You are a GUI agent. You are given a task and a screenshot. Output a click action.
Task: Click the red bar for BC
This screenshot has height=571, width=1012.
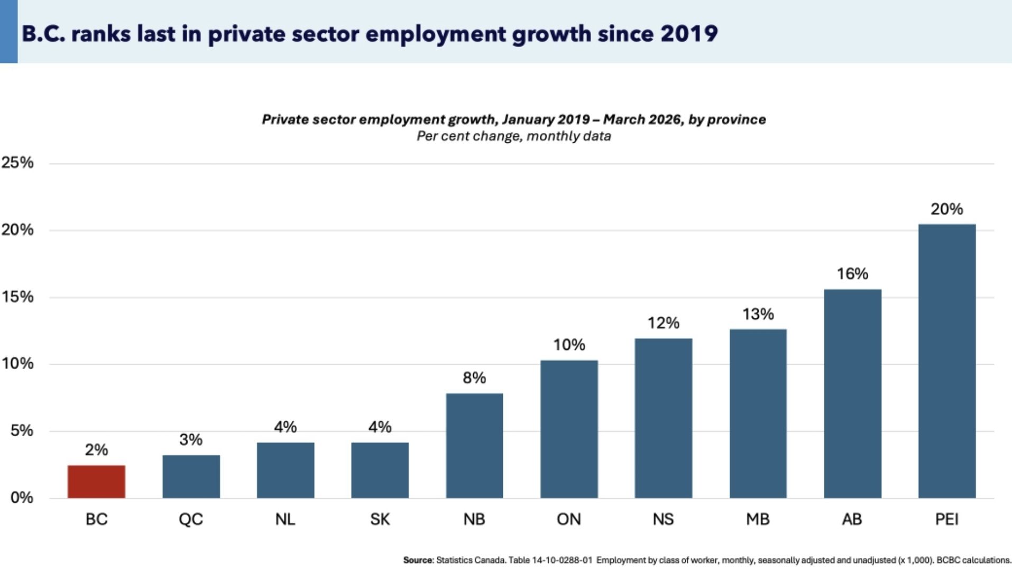tap(96, 482)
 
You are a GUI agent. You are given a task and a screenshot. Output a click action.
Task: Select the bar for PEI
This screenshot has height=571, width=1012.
tap(946, 361)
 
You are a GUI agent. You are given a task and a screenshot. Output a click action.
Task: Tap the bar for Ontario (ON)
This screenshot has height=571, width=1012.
tap(569, 429)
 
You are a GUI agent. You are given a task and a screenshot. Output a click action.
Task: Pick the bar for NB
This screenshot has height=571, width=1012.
tap(474, 446)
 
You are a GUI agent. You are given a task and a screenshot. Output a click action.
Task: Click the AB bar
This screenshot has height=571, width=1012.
tap(852, 394)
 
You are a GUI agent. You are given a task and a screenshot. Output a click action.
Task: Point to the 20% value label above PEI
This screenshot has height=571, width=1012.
tap(946, 209)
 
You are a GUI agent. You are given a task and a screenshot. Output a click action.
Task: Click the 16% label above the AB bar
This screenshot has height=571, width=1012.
tap(852, 274)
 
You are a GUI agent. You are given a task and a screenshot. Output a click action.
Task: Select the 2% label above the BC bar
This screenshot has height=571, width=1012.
tap(96, 450)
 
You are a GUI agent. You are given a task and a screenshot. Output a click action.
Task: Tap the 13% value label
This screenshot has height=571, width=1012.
tap(758, 315)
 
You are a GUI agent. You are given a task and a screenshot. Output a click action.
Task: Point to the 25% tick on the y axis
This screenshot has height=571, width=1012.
tap(17, 163)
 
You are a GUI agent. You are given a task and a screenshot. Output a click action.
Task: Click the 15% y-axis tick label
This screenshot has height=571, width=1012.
tap(17, 297)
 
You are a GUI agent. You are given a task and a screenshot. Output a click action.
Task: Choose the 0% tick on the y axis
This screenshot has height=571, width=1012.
tap(22, 498)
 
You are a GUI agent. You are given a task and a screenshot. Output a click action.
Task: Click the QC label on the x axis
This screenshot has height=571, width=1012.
tap(191, 519)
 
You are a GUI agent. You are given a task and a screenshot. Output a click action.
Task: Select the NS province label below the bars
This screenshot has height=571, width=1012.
tap(663, 519)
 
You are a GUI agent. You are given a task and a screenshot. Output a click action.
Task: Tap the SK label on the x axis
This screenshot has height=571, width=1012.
tap(380, 519)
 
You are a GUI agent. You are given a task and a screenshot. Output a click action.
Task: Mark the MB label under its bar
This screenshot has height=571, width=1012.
tap(758, 519)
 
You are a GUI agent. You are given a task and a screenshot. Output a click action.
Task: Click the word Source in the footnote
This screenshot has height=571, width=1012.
tap(418, 560)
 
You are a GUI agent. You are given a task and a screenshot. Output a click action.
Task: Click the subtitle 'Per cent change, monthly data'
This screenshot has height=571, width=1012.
tap(513, 136)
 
